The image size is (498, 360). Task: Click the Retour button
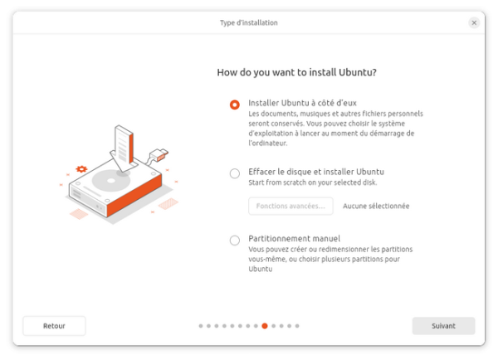54,326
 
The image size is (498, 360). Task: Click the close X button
474,23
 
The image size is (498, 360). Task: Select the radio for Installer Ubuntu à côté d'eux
235,105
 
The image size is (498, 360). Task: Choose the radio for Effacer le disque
235,173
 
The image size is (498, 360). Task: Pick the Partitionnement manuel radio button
235,240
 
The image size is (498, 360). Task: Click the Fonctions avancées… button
290,206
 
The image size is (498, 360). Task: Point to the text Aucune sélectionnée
376,206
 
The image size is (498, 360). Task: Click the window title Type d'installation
249,23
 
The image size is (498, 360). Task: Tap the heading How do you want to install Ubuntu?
296,72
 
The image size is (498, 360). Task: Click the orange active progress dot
265,326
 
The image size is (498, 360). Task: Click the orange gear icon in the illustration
81,169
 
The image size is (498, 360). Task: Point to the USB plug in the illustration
159,155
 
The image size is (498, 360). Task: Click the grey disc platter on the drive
111,181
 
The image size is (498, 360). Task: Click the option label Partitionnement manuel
294,238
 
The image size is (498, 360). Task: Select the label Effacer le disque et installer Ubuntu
316,172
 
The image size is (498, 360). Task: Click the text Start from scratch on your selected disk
313,182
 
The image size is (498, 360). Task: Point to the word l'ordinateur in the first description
268,144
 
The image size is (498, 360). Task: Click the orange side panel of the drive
134,196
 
